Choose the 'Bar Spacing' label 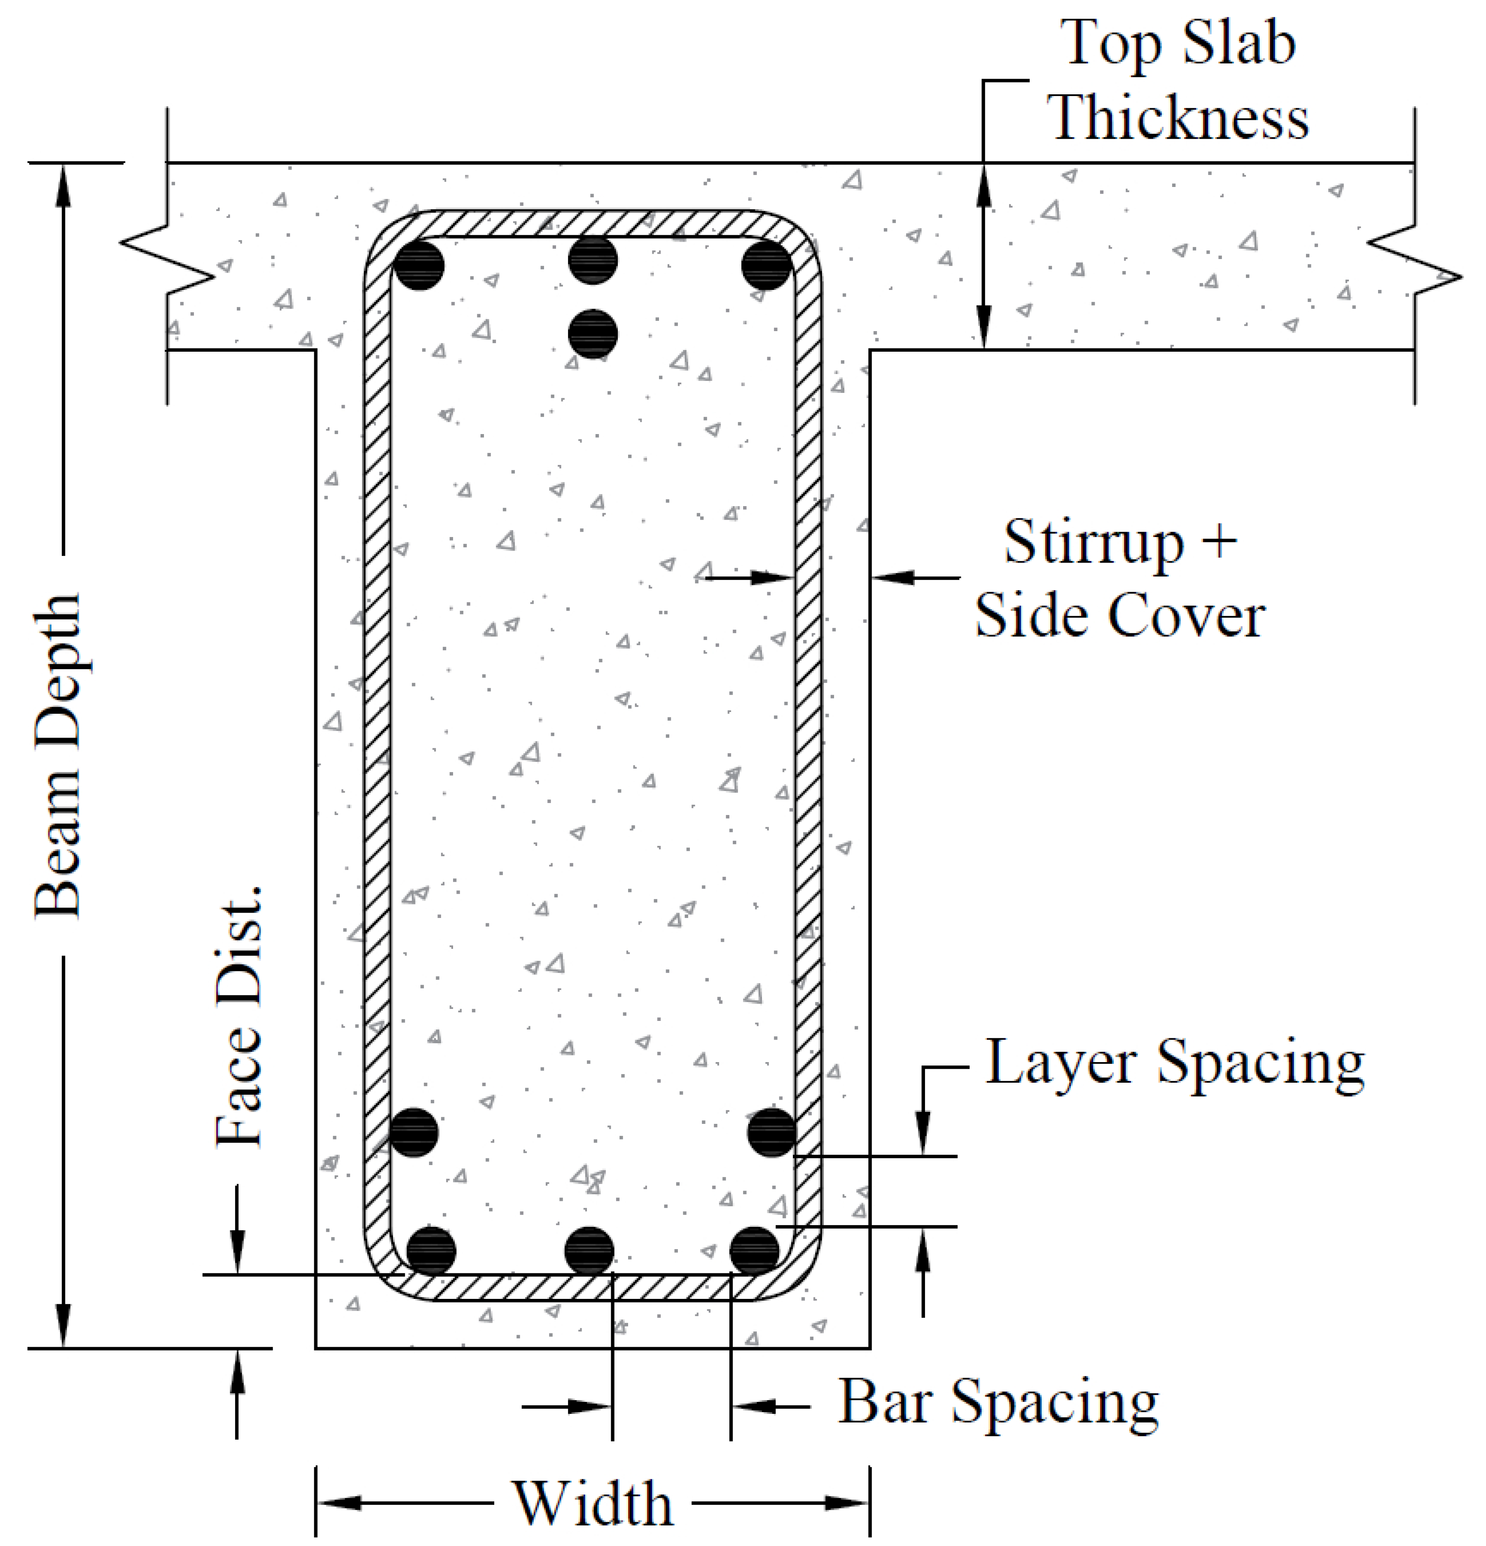coord(998,1402)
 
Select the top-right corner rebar coord(766,265)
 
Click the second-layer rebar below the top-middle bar coord(592,333)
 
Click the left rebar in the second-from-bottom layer coord(413,1132)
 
